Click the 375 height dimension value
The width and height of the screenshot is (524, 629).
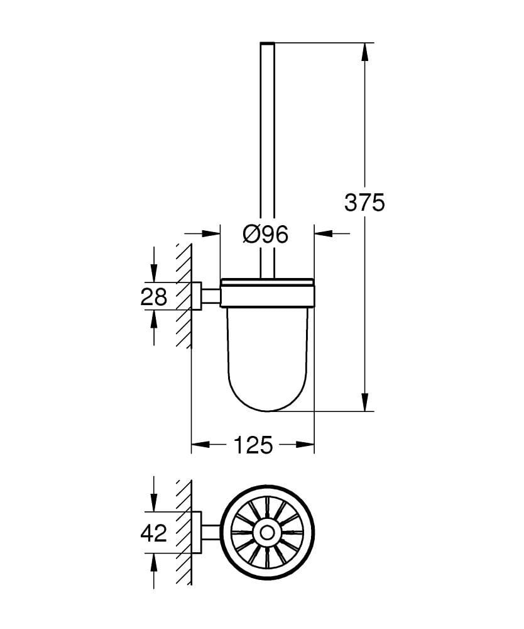[x=364, y=203]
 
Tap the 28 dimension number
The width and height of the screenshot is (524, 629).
[x=154, y=296]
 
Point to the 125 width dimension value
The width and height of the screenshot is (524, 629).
[x=253, y=445]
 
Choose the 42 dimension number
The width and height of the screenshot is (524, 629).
[x=154, y=533]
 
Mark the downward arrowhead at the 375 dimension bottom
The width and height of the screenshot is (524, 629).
[x=364, y=402]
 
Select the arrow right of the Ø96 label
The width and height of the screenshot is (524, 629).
[x=323, y=234]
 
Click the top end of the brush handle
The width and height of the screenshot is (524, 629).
[x=267, y=44]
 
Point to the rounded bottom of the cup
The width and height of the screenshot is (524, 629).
[x=267, y=406]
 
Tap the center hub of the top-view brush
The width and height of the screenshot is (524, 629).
[x=267, y=533]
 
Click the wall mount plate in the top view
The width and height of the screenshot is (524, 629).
[x=196, y=533]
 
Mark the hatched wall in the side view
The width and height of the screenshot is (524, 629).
[x=183, y=296]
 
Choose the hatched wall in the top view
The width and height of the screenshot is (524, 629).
[x=183, y=533]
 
